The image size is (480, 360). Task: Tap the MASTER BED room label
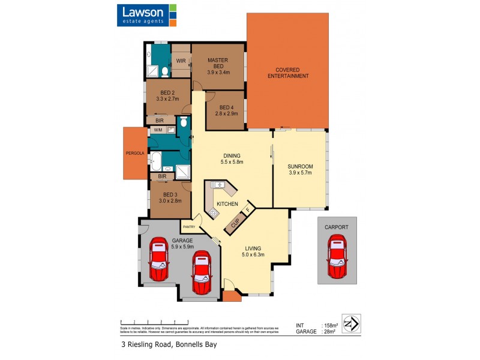click(218, 61)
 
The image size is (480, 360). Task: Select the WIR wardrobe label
click(181, 61)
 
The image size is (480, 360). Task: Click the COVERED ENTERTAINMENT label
click(288, 72)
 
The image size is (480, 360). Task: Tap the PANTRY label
click(189, 227)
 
